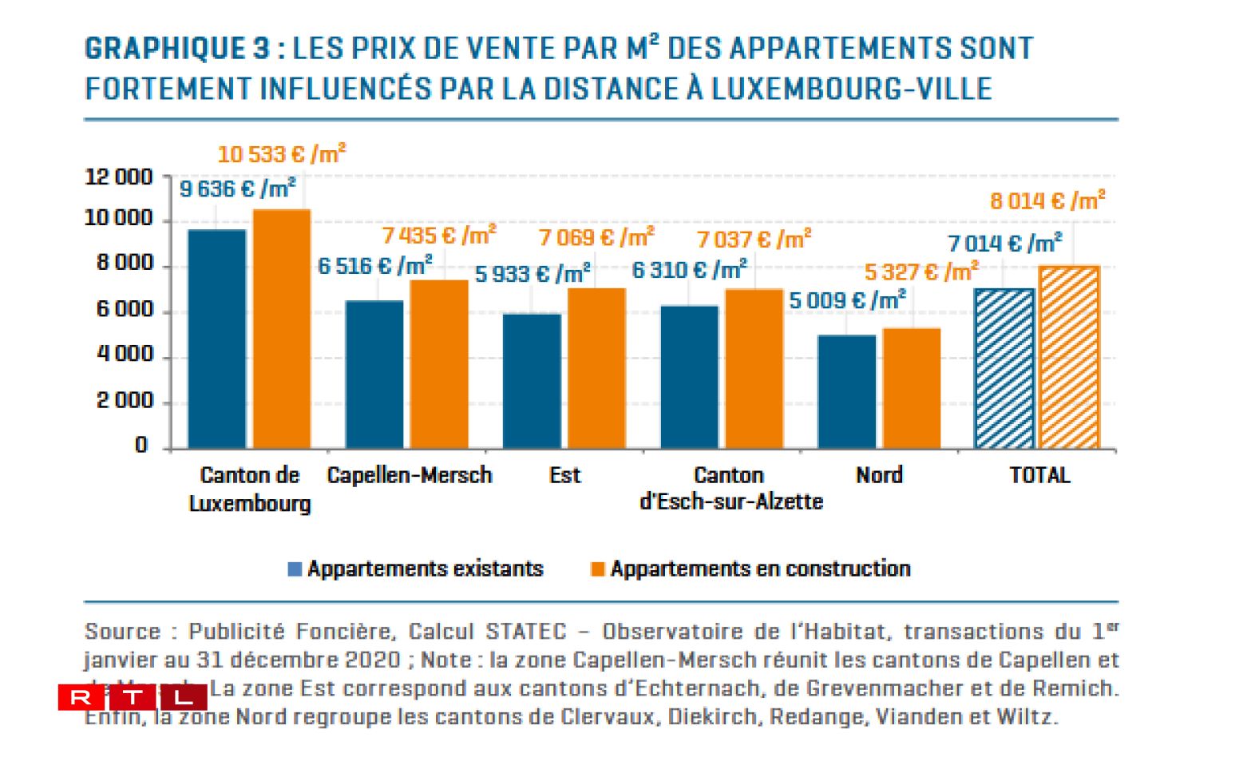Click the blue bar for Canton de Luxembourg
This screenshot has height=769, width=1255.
click(x=217, y=339)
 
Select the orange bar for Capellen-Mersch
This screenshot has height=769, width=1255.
click(x=439, y=364)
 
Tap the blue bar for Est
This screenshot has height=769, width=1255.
click(x=532, y=381)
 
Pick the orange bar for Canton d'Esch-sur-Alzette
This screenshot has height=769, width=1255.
click(x=754, y=368)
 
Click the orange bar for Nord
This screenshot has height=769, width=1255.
click(x=912, y=388)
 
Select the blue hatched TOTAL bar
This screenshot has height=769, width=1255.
click(x=1004, y=368)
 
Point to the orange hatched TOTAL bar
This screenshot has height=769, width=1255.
click(x=1069, y=357)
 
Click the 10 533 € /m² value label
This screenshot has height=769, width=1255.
click(x=282, y=153)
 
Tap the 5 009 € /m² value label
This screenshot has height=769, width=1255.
click(x=847, y=300)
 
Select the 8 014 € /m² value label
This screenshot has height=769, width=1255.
click(x=1047, y=200)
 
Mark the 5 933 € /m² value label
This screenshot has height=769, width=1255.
click(x=532, y=274)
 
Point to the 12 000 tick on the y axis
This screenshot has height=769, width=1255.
click(x=118, y=177)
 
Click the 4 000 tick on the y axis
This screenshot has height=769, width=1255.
click(x=125, y=354)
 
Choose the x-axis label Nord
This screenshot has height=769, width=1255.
click(x=879, y=475)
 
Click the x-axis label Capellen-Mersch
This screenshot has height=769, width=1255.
click(x=410, y=475)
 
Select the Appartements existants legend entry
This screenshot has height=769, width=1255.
click(x=416, y=569)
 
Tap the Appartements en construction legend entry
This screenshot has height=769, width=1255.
click(x=750, y=569)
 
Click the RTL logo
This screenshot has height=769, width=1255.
click(x=133, y=697)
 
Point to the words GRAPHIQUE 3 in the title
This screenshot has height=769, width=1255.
click(x=177, y=49)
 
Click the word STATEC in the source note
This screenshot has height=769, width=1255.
click(x=526, y=632)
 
